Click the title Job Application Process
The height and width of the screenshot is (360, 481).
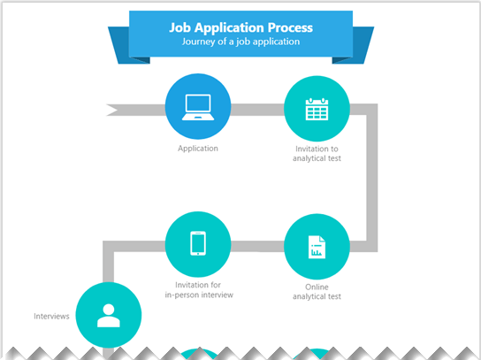point(240,27)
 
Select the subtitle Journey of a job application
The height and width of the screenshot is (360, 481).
point(240,42)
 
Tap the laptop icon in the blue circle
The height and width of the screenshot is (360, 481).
point(197,107)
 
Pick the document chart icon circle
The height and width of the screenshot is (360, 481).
point(317,247)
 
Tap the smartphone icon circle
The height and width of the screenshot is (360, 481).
point(198,242)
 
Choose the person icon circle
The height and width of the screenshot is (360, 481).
point(109,316)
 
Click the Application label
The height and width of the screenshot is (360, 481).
point(197,149)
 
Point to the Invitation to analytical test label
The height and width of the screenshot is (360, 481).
point(317,154)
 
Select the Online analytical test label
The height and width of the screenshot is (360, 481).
point(317,291)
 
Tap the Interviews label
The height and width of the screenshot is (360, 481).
point(51,316)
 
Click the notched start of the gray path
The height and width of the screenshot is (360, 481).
point(113,110)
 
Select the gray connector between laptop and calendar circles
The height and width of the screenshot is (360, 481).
point(257,110)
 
